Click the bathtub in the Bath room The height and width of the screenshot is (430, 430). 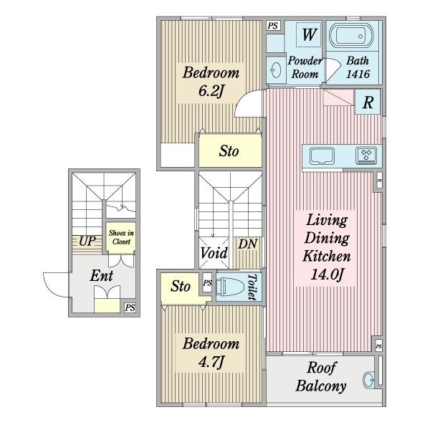(x=352, y=37)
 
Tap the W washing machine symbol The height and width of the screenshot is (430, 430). (x=308, y=34)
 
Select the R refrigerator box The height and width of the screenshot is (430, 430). (x=368, y=102)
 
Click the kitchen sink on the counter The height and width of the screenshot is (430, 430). (x=322, y=156)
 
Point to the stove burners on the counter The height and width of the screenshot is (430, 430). (x=366, y=156)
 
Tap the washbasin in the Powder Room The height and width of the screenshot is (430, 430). (x=275, y=70)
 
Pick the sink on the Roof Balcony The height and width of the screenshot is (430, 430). (x=368, y=380)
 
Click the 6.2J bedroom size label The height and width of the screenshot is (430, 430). (x=211, y=91)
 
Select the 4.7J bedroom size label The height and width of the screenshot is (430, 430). (x=211, y=362)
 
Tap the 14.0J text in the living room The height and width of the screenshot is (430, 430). (x=327, y=274)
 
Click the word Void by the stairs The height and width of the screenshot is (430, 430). (x=214, y=253)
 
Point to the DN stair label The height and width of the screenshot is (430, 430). (x=247, y=244)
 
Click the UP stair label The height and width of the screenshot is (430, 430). (x=87, y=242)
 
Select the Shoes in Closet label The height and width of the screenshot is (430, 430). (x=121, y=237)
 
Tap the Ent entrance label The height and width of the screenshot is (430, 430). (x=102, y=275)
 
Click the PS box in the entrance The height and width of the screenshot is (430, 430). (x=130, y=307)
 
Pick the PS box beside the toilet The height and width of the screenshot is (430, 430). (x=208, y=283)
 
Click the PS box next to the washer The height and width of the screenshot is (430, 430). (x=272, y=26)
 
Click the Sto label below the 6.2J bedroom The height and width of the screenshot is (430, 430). (x=229, y=150)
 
